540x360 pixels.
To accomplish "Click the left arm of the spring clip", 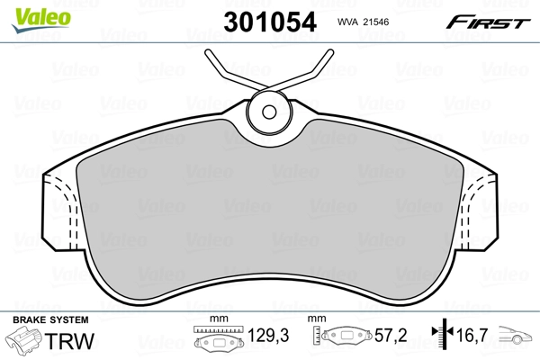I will click(230, 72).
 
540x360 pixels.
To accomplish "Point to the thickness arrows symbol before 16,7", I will click(441, 335).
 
